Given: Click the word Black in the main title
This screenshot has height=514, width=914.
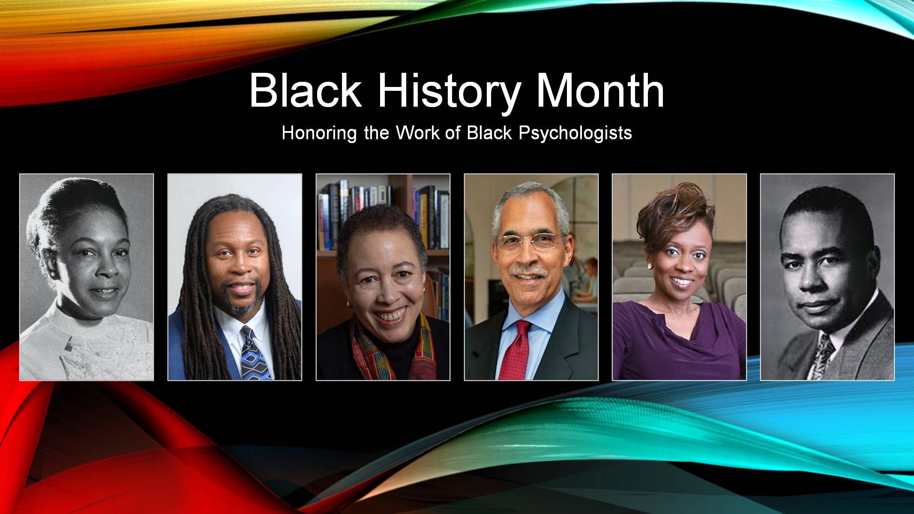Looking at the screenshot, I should [x=305, y=91].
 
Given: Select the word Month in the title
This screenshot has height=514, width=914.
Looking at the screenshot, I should [x=600, y=91].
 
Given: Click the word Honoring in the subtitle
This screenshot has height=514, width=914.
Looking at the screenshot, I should [x=319, y=133].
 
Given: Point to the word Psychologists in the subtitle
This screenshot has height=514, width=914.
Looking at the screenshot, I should [x=575, y=133].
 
